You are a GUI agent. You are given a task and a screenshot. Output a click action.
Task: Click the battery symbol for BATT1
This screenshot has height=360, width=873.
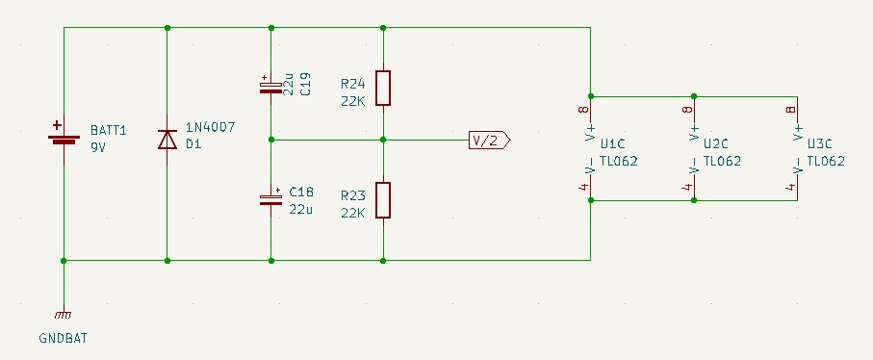click(64, 139)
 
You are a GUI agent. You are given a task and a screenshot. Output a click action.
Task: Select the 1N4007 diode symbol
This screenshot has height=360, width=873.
click(167, 140)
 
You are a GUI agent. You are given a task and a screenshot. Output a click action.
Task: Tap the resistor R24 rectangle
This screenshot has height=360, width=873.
click(383, 88)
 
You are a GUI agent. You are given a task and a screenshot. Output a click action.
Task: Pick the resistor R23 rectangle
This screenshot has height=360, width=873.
click(383, 200)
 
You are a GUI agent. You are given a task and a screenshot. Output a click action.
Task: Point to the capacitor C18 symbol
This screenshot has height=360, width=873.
click(270, 197)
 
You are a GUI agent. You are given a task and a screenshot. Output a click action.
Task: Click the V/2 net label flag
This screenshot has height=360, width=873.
click(489, 141)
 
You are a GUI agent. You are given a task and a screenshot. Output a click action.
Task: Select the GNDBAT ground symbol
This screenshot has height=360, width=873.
click(64, 315)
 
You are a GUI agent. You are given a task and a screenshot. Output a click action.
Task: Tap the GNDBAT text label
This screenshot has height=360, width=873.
click(63, 338)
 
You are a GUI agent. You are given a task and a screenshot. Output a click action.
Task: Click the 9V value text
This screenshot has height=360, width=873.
click(98, 148)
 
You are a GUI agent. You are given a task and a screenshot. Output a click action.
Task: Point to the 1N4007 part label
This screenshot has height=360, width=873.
click(211, 127)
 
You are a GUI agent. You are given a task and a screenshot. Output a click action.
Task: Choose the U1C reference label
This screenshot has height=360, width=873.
click(613, 144)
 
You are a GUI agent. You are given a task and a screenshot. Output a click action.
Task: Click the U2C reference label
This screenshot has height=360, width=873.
click(716, 144)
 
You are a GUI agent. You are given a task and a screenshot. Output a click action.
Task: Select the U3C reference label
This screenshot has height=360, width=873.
click(820, 144)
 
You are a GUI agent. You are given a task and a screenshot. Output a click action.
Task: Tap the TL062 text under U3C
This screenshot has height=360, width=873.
click(826, 162)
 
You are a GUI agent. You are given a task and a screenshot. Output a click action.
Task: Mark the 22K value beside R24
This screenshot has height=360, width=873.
click(353, 101)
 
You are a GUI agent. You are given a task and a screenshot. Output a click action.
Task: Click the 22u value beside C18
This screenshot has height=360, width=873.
click(300, 210)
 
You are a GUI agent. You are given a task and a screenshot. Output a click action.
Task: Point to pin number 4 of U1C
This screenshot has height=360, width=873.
click(583, 188)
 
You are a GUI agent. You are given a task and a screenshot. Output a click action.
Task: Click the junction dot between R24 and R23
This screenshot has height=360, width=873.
click(383, 140)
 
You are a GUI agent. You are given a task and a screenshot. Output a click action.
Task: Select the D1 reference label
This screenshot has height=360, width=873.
click(193, 144)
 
